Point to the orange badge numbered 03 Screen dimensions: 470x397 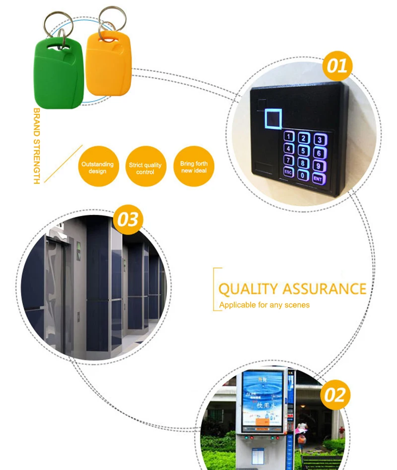tap(128, 219)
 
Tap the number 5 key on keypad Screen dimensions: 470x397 tap(304, 150)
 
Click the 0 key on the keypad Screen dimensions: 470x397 tap(303, 175)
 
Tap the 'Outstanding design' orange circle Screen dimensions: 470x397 tap(98, 167)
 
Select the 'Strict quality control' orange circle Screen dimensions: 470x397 tap(145, 168)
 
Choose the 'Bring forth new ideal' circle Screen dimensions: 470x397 tap(194, 167)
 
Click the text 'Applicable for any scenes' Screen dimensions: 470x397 tap(264, 305)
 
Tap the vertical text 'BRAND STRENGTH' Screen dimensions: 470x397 tap(37, 146)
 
